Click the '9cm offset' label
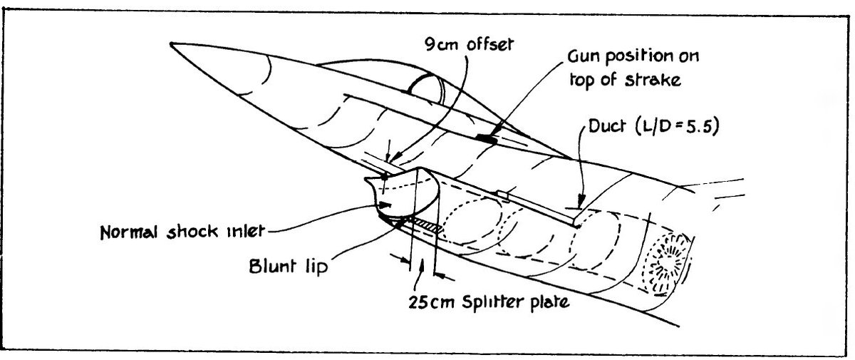tap(465, 45)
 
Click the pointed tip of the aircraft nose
tap(172, 45)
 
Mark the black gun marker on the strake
tap(486, 137)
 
